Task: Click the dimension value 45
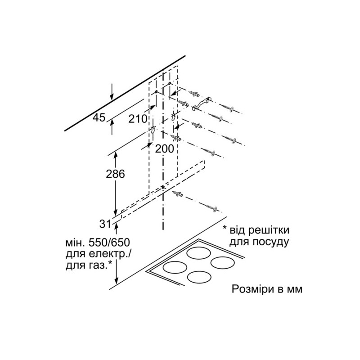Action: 99,118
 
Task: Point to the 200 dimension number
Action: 164,149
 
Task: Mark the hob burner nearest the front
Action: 198,277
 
